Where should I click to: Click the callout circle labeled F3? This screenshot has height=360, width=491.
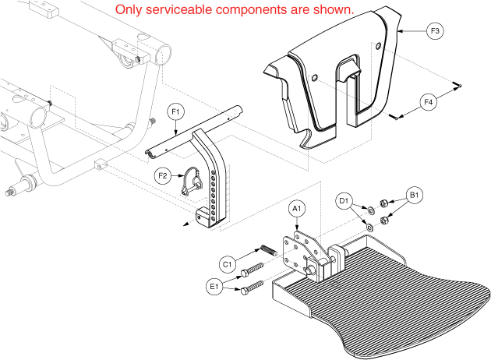[436, 32]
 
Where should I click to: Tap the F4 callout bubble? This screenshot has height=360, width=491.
[427, 101]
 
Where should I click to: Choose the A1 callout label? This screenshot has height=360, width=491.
[296, 209]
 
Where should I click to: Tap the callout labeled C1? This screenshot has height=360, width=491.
[228, 264]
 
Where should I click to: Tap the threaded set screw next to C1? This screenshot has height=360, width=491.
[266, 252]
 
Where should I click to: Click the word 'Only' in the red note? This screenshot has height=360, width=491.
[129, 10]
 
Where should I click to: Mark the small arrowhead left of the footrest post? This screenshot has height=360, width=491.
[186, 223]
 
